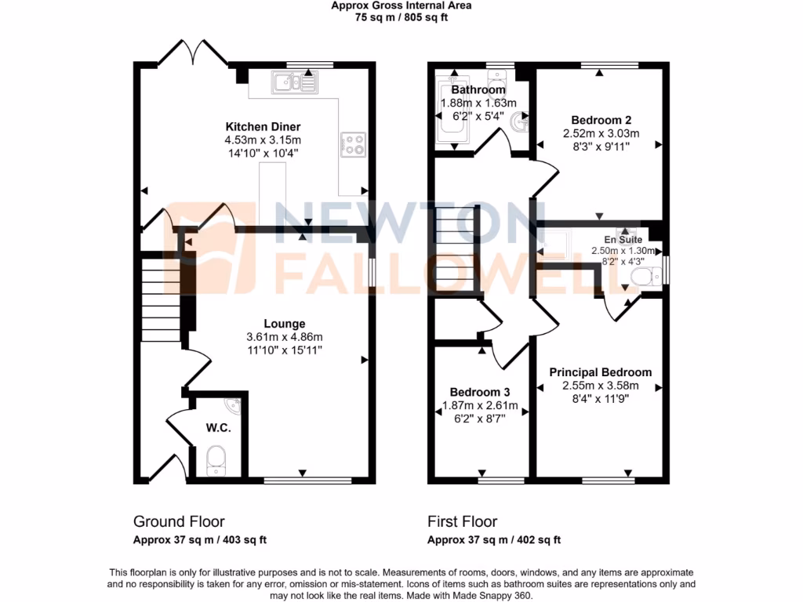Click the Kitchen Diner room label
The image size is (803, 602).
click(263, 127)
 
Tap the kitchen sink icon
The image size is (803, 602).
click(295, 81)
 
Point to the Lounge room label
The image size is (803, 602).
click(284, 324)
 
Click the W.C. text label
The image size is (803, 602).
click(217, 427)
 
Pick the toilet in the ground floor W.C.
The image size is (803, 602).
click(216, 459)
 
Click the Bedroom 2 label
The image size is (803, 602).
click(601, 120)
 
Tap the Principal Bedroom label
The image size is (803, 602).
click(600, 372)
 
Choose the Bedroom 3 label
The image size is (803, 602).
click(480, 392)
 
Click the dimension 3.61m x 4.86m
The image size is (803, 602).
click(284, 337)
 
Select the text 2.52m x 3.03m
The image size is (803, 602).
click(601, 133)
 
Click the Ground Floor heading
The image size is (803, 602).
click(179, 521)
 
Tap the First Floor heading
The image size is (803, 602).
click(462, 521)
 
